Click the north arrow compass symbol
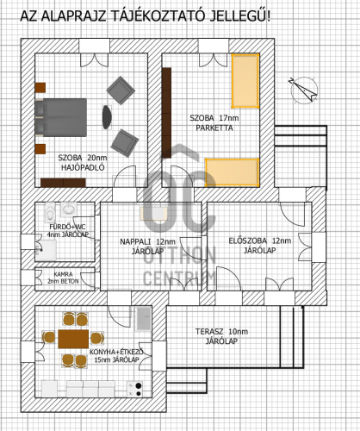(304, 90)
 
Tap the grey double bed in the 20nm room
(61, 117)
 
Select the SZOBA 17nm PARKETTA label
(214, 123)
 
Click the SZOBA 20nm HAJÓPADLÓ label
(83, 163)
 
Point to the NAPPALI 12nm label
(147, 241)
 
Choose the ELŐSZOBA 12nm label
(260, 240)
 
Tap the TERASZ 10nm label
(221, 332)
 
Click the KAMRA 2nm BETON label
(63, 278)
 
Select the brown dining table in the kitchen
(73, 339)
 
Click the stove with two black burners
(135, 390)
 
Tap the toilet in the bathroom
(51, 212)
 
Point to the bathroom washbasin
(69, 209)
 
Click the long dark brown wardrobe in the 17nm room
(166, 113)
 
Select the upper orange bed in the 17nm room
(245, 81)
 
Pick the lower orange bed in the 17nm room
(233, 172)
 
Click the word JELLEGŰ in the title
(240, 16)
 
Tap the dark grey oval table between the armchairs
(107, 117)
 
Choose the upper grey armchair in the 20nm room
(121, 91)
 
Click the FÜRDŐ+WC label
(67, 227)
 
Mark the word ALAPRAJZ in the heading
(74, 16)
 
